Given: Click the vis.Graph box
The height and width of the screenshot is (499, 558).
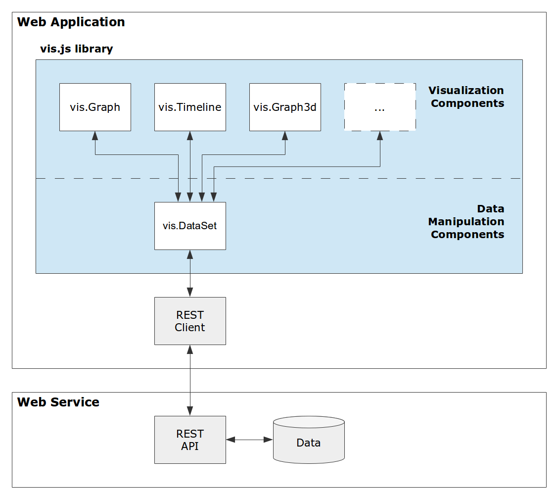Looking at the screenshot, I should point(95,107).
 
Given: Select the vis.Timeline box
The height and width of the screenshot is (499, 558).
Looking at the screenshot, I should point(190,107).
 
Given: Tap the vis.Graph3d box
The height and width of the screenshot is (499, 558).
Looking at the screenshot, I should point(285,107).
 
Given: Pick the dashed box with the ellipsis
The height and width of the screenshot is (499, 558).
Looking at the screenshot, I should point(380,107).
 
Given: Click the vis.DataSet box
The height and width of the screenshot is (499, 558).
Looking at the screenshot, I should point(190,226).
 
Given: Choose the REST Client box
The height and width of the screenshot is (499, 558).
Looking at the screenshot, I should point(190,321).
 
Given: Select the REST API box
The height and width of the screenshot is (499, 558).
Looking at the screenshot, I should point(190,440).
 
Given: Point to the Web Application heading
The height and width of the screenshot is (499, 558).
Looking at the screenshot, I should point(71,22).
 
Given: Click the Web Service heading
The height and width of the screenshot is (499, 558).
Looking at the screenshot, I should point(58,402).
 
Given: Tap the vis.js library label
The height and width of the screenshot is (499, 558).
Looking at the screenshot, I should point(76,49).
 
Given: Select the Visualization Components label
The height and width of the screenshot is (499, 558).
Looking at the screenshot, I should point(466,97).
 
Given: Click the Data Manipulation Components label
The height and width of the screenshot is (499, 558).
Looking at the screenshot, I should point(466,221).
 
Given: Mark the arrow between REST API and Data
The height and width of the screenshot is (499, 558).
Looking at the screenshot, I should point(249,440).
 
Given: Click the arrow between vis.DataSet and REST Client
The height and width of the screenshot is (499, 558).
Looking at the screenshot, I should point(190,273).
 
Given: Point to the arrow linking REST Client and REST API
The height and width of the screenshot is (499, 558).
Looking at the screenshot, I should point(190,380).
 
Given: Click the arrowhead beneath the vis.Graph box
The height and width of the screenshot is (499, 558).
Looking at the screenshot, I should point(95,135).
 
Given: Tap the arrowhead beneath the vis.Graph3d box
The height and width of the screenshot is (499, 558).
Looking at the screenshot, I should point(285,135).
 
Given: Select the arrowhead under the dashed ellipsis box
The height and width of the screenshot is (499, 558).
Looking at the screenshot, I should point(380,135).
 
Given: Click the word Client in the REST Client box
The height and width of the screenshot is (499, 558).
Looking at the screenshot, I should point(190,328).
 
